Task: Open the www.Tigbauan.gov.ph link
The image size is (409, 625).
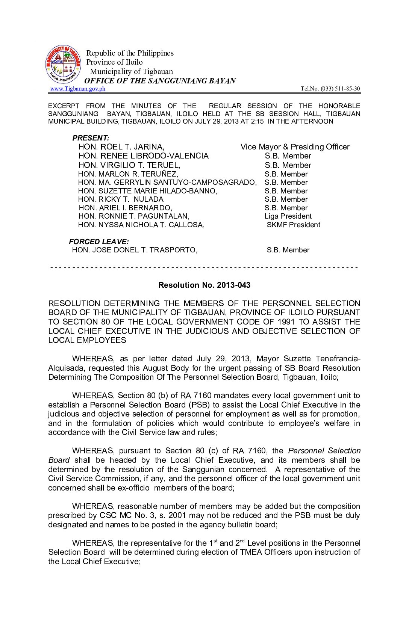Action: tap(78, 89)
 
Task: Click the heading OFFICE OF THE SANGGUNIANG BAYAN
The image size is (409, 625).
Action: tap(160, 81)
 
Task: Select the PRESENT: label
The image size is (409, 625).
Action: tap(91, 138)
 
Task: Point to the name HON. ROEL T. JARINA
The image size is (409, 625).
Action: tap(121, 147)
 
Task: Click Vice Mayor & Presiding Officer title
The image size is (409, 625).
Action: tap(295, 147)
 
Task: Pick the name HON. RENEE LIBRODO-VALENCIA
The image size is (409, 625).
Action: tap(143, 156)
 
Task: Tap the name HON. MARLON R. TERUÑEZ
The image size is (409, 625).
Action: tap(128, 174)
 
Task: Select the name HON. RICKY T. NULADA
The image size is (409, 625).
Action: tap(121, 199)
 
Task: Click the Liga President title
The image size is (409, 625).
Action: tap(288, 216)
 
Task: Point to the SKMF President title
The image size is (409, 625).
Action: tap(293, 225)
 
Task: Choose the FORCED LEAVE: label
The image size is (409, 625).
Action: tap(99, 242)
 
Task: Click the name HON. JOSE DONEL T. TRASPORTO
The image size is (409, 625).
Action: tap(135, 250)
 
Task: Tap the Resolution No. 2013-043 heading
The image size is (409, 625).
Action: tap(204, 285)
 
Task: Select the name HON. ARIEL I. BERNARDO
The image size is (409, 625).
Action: tap(125, 208)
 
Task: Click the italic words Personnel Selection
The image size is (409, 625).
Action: tap(324, 451)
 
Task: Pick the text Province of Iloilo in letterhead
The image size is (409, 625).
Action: tap(114, 62)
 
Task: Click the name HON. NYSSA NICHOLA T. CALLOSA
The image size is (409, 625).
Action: tap(141, 225)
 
